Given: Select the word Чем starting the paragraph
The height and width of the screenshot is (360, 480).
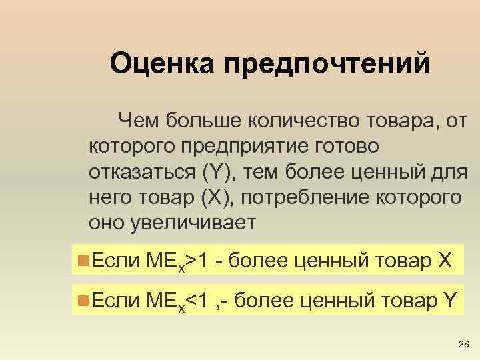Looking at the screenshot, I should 137,120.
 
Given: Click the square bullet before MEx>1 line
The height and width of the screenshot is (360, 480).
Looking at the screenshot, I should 83,257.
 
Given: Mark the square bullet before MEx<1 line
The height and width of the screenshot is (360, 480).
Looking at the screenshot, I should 83,297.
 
